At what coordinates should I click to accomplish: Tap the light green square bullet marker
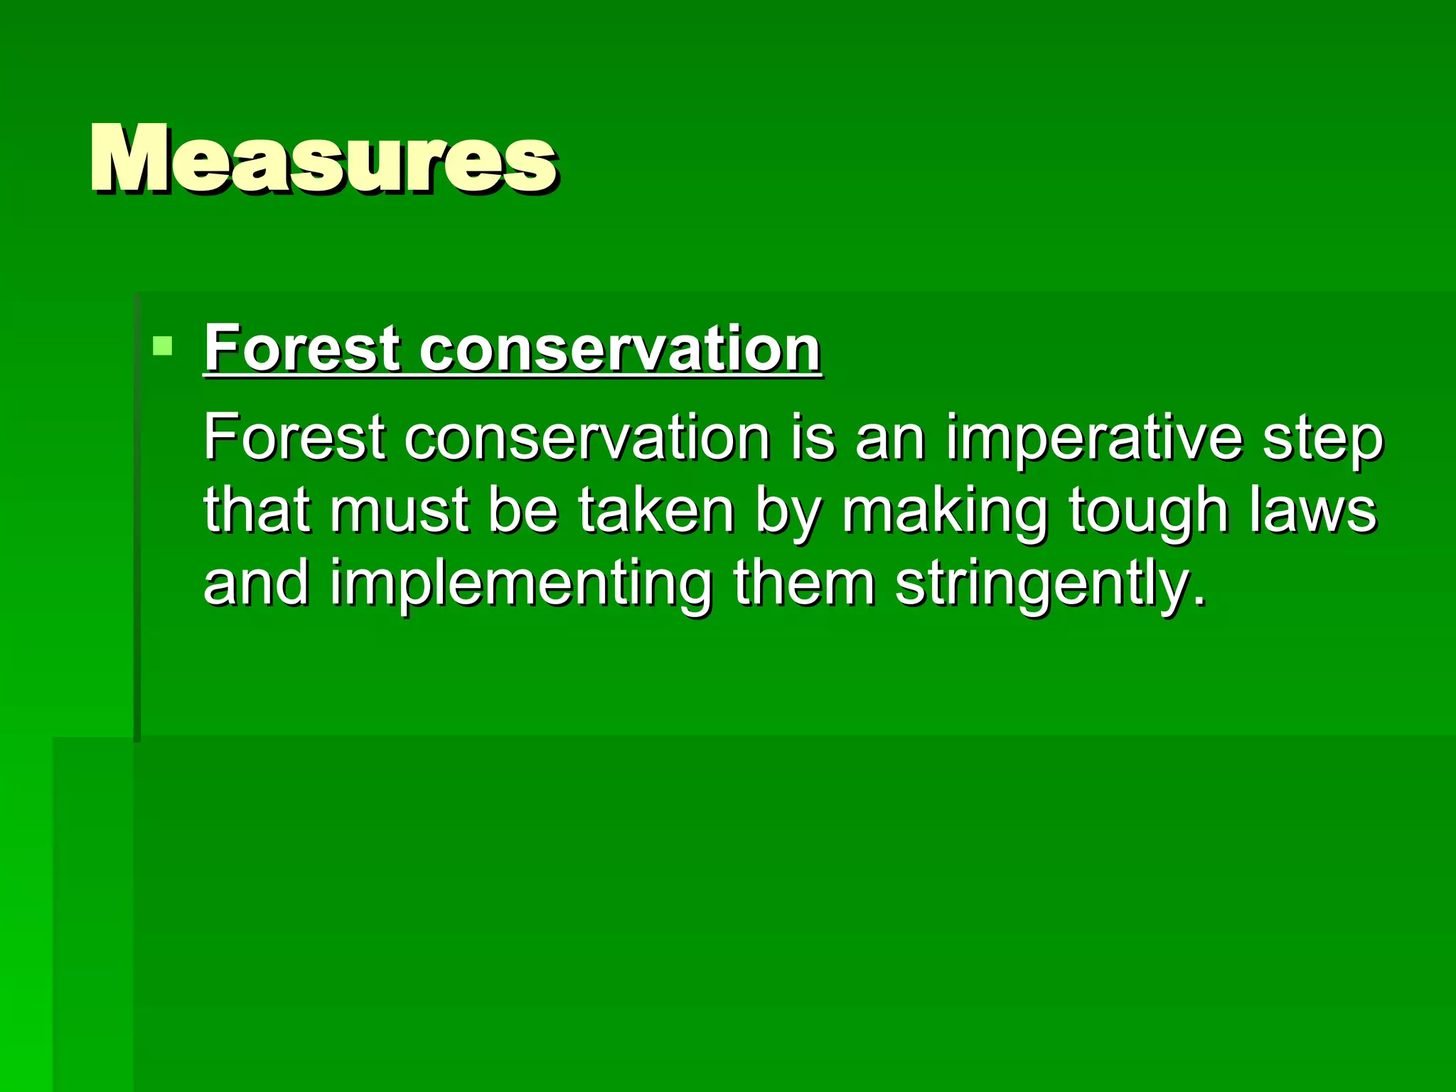pyautogui.click(x=163, y=346)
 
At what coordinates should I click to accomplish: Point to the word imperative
pyautogui.click(x=1093, y=438)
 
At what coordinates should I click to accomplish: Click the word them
pyautogui.click(x=803, y=583)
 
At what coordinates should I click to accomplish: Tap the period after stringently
pyautogui.click(x=1200, y=601)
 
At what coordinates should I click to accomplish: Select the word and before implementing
pyautogui.click(x=256, y=583)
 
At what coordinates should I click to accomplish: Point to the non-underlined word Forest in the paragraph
pyautogui.click(x=294, y=438)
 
